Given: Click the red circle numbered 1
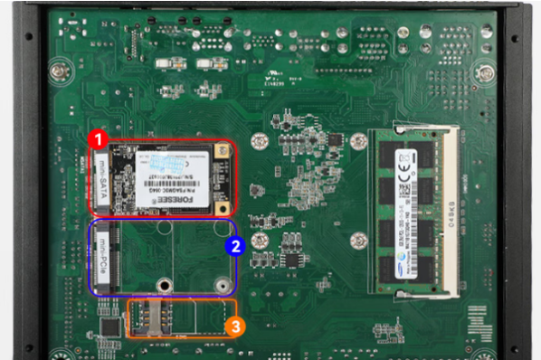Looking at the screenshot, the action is [x=99, y=140].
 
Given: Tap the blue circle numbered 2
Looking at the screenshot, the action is [x=233, y=244].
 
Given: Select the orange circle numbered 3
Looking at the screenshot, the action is [x=234, y=325].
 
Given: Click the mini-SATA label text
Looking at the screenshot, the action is [x=102, y=180].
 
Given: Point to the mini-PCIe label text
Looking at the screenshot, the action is [x=102, y=256].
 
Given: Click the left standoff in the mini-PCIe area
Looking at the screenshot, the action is [x=163, y=285].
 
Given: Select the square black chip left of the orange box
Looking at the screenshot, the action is [x=110, y=326].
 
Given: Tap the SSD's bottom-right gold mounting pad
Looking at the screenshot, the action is [x=222, y=207].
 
